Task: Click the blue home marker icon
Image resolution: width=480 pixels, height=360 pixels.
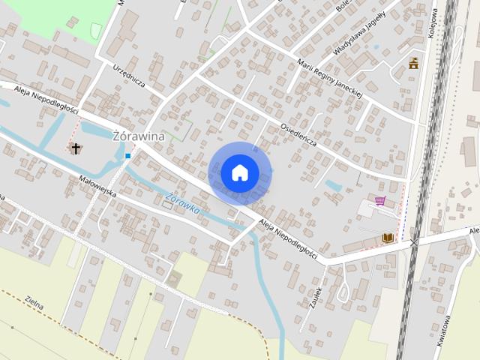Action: pos(240,172)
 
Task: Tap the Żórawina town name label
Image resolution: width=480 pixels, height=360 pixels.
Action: pos(137,136)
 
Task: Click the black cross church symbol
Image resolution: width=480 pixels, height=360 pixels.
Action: pos(76,148)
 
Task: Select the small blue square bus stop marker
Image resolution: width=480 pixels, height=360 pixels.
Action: pos(128,156)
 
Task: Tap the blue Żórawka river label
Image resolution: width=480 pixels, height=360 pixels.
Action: pos(183,203)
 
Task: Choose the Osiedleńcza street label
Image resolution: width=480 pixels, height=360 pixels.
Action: pos(298,133)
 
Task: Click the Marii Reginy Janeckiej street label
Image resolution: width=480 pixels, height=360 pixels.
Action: pos(329,78)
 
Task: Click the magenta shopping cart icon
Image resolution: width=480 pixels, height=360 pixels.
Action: pos(380,201)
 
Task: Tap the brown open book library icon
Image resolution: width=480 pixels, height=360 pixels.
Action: pos(387,238)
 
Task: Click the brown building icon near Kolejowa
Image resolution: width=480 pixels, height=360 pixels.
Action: pos(413,64)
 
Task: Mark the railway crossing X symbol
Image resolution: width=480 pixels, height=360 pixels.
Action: pos(413,243)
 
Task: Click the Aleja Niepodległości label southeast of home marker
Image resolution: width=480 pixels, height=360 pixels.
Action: pos(287,240)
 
